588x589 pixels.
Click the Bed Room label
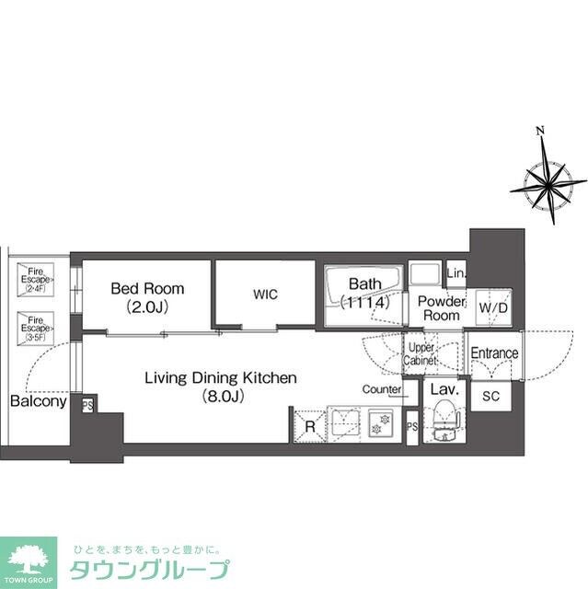(x=147, y=288)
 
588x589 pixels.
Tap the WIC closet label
(x=266, y=294)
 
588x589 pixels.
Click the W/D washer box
(x=491, y=308)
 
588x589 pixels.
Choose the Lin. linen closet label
(x=455, y=273)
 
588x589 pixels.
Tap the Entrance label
(x=494, y=353)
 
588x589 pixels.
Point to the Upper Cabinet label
(x=421, y=353)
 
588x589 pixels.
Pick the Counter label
(x=381, y=389)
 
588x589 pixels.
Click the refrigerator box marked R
(x=309, y=425)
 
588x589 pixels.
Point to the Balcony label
(x=38, y=401)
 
